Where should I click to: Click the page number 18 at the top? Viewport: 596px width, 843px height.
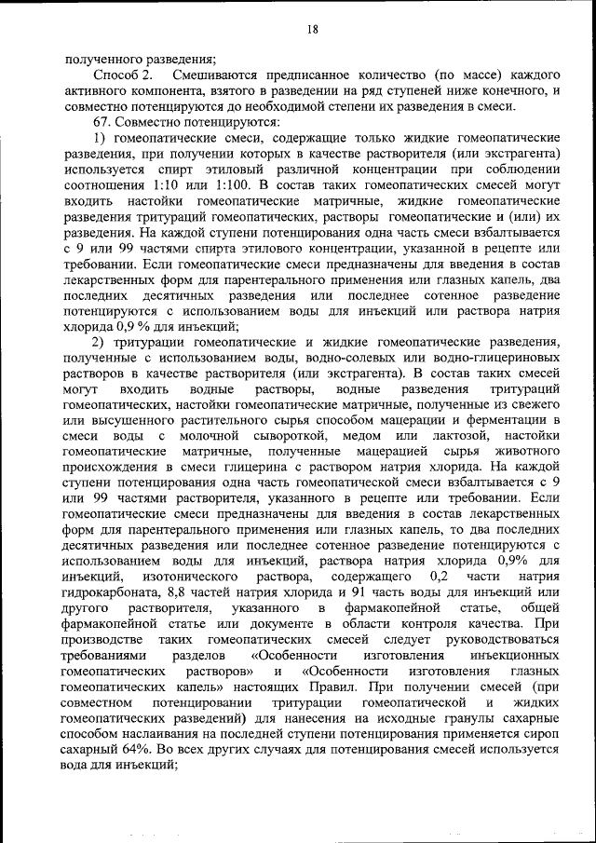[312, 30]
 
